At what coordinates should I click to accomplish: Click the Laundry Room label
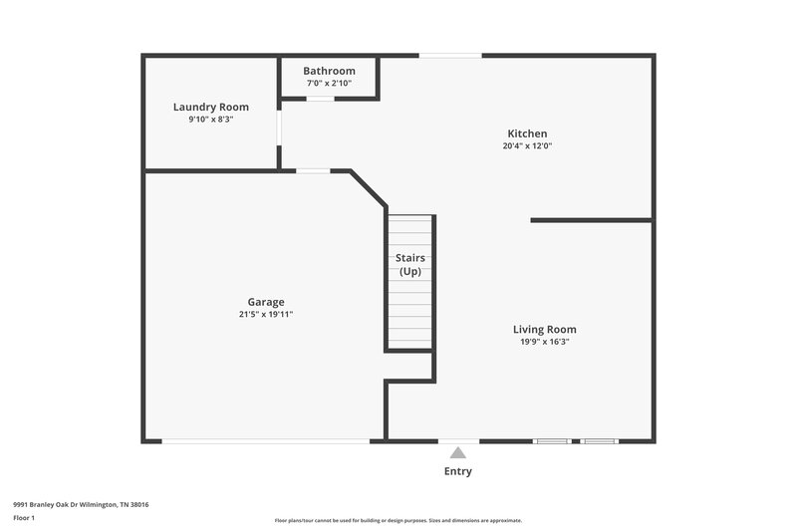pyautogui.click(x=211, y=107)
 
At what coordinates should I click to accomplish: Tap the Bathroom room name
pyautogui.click(x=329, y=71)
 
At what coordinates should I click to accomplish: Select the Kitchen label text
pyautogui.click(x=527, y=133)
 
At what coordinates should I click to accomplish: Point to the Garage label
pyautogui.click(x=266, y=302)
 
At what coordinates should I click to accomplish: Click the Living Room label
pyautogui.click(x=544, y=329)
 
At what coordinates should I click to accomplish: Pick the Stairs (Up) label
pyautogui.click(x=410, y=265)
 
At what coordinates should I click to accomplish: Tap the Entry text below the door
pyautogui.click(x=458, y=471)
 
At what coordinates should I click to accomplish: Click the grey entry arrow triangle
pyautogui.click(x=458, y=453)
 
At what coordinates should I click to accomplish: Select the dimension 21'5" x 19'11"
pyautogui.click(x=266, y=315)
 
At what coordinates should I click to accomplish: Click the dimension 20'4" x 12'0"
pyautogui.click(x=527, y=146)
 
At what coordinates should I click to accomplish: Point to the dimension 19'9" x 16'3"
pyautogui.click(x=544, y=342)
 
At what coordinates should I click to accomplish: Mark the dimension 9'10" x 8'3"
pyautogui.click(x=211, y=120)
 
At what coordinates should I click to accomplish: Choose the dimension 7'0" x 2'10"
pyautogui.click(x=329, y=83)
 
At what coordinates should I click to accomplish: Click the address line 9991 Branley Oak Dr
pyautogui.click(x=81, y=504)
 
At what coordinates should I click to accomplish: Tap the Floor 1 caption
pyautogui.click(x=25, y=518)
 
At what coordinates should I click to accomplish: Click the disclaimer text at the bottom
pyautogui.click(x=398, y=520)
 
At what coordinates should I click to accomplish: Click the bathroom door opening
pyautogui.click(x=320, y=98)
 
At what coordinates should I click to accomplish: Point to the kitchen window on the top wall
pyautogui.click(x=450, y=55)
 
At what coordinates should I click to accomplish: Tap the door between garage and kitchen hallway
pyautogui.click(x=313, y=171)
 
